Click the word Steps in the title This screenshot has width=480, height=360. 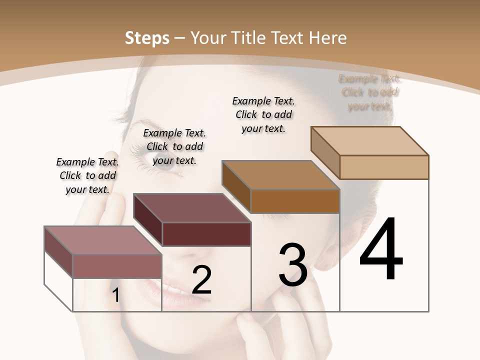[147, 38]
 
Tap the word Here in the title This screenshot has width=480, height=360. [327, 38]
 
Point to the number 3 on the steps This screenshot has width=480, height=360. [293, 264]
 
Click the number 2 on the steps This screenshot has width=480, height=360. [201, 280]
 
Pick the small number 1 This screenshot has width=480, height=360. [116, 295]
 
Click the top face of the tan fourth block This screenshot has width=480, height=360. [370, 141]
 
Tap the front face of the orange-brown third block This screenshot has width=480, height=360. [295, 201]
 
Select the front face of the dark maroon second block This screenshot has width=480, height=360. [206, 234]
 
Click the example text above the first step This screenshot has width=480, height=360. [87, 175]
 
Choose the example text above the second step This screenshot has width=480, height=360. [174, 146]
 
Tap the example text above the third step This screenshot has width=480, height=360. [263, 114]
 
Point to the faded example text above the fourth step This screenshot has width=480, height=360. [369, 92]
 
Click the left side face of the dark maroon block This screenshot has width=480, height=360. [148, 219]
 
